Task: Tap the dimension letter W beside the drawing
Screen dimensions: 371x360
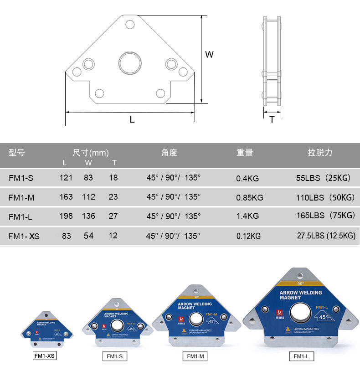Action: point(209,55)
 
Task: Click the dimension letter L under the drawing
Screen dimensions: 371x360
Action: point(132,120)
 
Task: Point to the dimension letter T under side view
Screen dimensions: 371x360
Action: point(272,119)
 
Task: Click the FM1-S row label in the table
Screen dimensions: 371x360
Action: point(21,178)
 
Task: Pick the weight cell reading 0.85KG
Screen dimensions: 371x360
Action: point(249,198)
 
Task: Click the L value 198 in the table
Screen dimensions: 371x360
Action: point(66,216)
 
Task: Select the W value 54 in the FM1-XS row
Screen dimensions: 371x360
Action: point(88,236)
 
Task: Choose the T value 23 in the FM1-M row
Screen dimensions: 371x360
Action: point(113,197)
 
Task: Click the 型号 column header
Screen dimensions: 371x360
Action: point(17,153)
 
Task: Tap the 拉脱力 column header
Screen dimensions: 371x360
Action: point(320,153)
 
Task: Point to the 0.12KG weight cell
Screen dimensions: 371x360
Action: point(248,236)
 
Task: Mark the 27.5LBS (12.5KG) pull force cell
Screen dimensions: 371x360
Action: point(326,236)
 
